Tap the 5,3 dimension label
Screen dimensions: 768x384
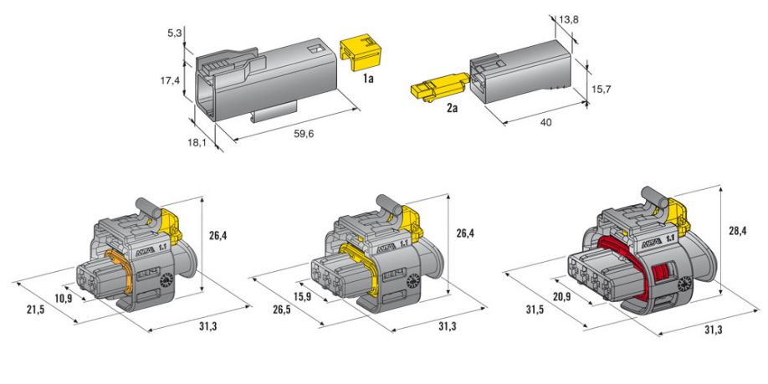[x=173, y=33]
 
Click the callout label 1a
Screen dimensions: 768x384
[x=368, y=78]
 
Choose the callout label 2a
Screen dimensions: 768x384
[x=452, y=108]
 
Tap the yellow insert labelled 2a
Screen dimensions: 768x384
[x=439, y=87]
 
